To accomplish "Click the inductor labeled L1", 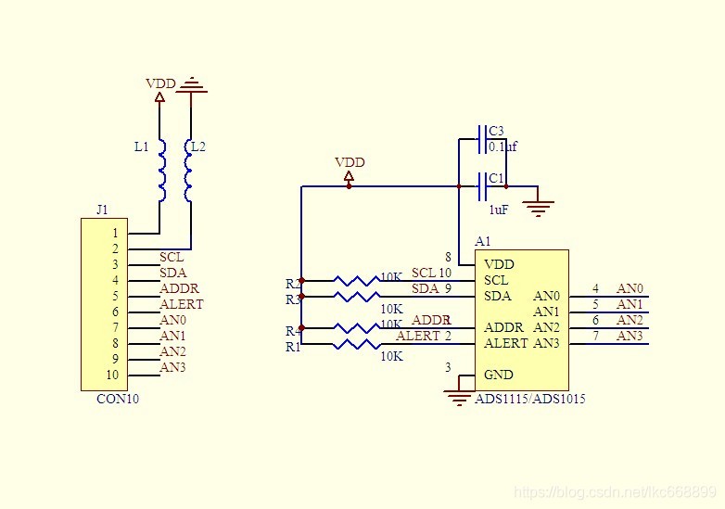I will tap(162, 171).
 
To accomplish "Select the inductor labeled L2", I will tap(189, 171).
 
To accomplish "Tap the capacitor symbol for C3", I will tap(481, 139).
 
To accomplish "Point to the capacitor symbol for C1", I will tap(481, 186).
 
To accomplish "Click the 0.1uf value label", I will tap(502, 146).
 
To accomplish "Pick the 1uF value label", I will tap(498, 210).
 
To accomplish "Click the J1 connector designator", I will tap(102, 210).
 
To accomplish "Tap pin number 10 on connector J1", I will tap(112, 375).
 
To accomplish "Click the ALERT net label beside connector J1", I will tap(181, 304).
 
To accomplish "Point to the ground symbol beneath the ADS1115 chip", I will tap(459, 396).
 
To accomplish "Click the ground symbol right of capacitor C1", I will tap(539, 204).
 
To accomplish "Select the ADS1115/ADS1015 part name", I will tap(529, 399).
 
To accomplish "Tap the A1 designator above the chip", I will tap(482, 241).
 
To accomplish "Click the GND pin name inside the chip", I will tap(498, 375).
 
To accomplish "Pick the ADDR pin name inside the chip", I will tap(503, 327).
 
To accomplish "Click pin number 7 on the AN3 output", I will tap(595, 336).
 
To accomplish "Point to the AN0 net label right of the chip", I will tap(630, 288).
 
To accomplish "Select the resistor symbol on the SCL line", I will tap(356, 280).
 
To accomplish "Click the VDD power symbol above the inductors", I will tap(160, 89).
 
